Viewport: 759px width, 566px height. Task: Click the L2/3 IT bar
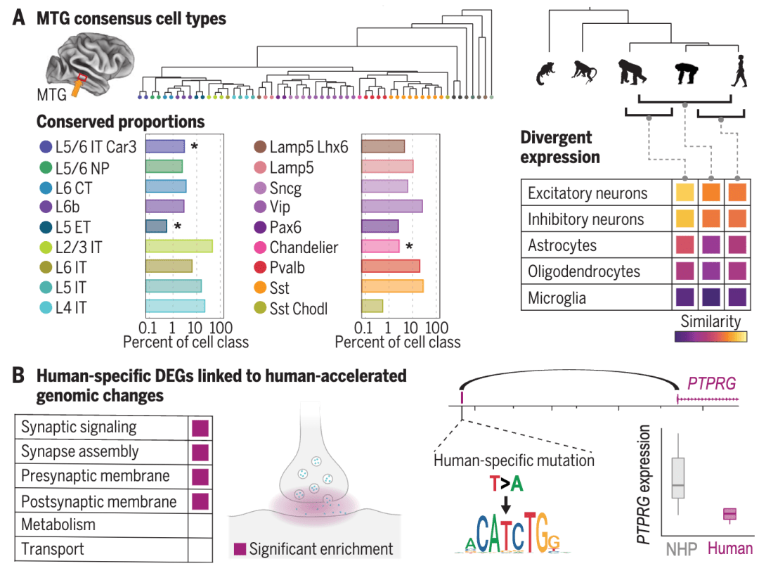(x=179, y=245)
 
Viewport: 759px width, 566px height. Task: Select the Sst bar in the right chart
(x=391, y=285)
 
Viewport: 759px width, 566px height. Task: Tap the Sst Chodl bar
(x=372, y=306)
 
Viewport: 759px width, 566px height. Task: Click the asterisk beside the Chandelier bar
(x=408, y=246)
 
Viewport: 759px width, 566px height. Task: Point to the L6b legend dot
(x=46, y=207)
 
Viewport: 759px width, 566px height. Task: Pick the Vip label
(x=279, y=207)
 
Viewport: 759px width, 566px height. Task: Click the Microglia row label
(x=557, y=299)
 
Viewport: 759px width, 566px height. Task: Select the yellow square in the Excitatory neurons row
(x=685, y=193)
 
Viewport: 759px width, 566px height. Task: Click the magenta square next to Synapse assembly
(x=200, y=452)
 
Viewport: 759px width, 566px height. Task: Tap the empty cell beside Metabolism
(x=200, y=525)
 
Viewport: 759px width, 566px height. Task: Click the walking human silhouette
(x=739, y=73)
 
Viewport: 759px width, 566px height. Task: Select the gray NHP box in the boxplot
(x=678, y=477)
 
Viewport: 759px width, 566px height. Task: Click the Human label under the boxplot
(x=730, y=547)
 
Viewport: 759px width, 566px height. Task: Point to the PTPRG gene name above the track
(x=711, y=383)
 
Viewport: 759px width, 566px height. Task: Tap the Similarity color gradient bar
(x=711, y=337)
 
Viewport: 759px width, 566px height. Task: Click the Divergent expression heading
(x=560, y=147)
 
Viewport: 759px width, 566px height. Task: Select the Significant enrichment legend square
(x=239, y=548)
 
